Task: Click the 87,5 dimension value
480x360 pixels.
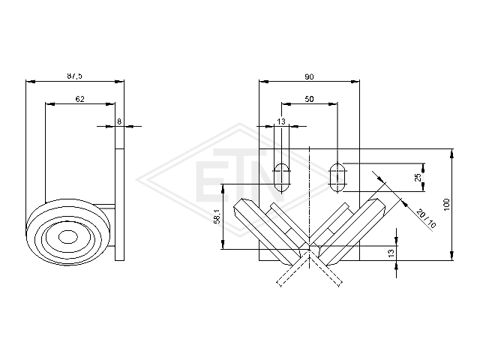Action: point(75,76)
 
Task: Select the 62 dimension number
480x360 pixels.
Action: point(80,99)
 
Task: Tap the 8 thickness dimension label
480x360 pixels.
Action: point(119,121)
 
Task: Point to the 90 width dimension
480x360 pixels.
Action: point(309,76)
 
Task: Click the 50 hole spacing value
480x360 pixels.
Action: point(309,99)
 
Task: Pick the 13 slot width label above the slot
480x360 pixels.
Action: point(281,121)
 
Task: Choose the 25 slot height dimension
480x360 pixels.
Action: point(418,177)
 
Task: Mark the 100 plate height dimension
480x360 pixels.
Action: point(447,205)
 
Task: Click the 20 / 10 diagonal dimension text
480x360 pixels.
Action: point(426,219)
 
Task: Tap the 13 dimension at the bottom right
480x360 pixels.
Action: point(391,253)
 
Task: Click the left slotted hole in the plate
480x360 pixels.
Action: point(282,177)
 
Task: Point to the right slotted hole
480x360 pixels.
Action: point(337,177)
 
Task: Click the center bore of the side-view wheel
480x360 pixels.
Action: point(67,237)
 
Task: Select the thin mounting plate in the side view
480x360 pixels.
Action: point(120,205)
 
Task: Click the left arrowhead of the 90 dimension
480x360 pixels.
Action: point(263,82)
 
